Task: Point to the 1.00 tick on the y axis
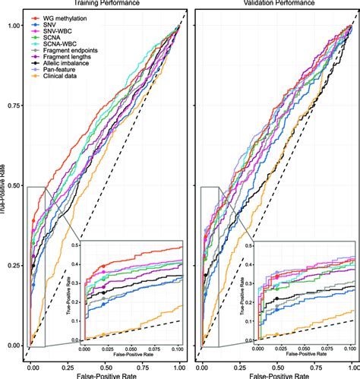(13, 26)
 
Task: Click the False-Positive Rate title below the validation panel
(279, 374)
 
